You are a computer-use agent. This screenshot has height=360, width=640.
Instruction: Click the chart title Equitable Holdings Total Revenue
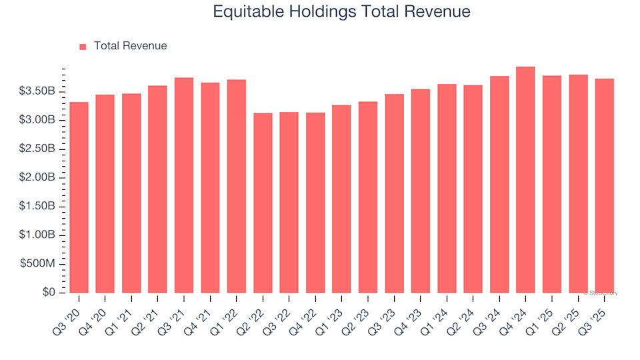[x=341, y=11]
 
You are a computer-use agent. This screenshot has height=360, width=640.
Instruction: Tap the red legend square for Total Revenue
[x=83, y=47]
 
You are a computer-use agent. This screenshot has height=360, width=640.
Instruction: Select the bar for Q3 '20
[x=79, y=197]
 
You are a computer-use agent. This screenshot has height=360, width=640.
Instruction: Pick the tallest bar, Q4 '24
[x=525, y=180]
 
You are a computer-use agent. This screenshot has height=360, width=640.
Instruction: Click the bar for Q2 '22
[x=263, y=203]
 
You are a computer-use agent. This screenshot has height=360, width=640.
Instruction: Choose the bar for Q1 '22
[x=237, y=187]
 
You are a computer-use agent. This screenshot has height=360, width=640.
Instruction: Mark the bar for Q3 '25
[x=604, y=186]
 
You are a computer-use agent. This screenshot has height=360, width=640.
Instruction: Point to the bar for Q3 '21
[x=184, y=185]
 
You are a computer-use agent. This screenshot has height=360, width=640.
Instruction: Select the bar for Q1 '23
[x=341, y=199]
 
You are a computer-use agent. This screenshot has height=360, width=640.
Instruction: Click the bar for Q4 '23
[x=420, y=191]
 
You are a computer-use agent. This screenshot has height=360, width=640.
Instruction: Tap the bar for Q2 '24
[x=473, y=189]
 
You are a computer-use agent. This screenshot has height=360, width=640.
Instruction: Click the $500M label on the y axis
[x=41, y=264]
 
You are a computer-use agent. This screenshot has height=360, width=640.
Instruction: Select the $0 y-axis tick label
[x=49, y=293]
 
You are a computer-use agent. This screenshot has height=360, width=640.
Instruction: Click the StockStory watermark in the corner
[x=602, y=293]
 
